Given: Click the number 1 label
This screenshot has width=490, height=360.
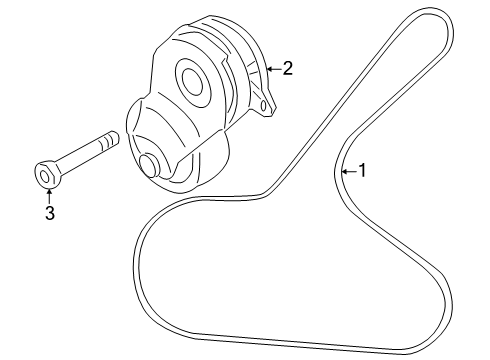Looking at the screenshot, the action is coord(362,171).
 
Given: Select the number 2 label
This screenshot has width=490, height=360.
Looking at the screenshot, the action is coord(288,68).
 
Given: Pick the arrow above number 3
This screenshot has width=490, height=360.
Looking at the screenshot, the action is coord(47,195).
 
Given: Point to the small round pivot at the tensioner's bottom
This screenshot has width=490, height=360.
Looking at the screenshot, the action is coord(150,166).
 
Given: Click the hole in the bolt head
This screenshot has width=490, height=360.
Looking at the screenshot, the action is coord(44,178).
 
